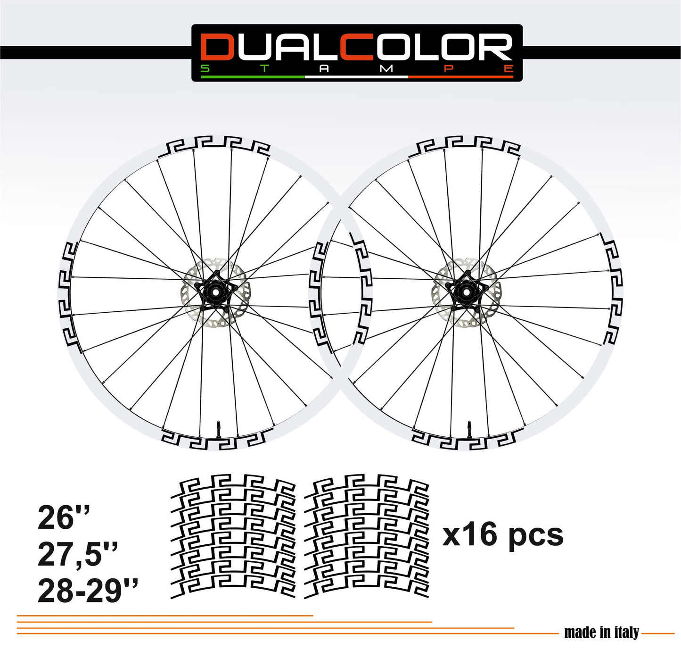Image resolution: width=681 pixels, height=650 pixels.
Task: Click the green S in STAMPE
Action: [205, 68]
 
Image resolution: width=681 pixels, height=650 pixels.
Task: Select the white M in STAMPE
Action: [386, 68]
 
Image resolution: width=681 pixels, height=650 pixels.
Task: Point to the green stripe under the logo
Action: [253, 77]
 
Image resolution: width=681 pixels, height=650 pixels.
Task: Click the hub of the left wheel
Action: [215, 293]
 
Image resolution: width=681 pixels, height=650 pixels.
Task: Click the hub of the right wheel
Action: [467, 293]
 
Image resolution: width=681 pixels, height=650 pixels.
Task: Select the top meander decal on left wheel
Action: [216, 144]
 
